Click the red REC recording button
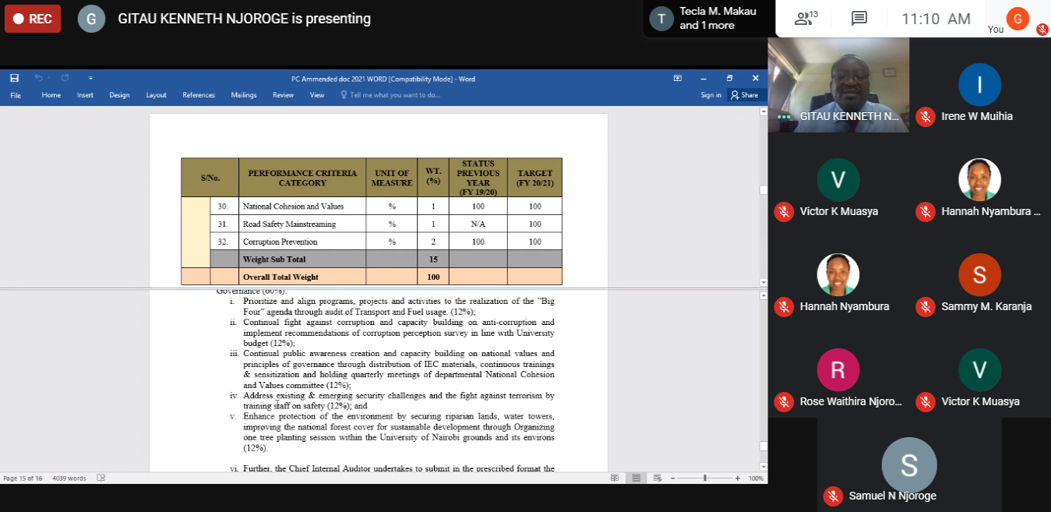pyautogui.click(x=33, y=19)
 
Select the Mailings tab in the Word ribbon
pyautogui.click(x=244, y=95)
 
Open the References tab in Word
pyautogui.click(x=199, y=95)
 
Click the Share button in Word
pyautogui.click(x=744, y=95)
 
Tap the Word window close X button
pyautogui.click(x=755, y=78)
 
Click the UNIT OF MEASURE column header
pyautogui.click(x=392, y=178)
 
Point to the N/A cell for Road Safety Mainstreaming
pyautogui.click(x=478, y=224)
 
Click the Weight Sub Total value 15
pyautogui.click(x=433, y=259)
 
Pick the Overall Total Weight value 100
pyautogui.click(x=433, y=277)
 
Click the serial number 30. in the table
pyautogui.click(x=224, y=207)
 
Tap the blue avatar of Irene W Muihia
pyautogui.click(x=979, y=84)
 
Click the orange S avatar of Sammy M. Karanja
pyautogui.click(x=979, y=274)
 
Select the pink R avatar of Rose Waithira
pyautogui.click(x=838, y=369)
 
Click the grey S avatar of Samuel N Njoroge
pyautogui.click(x=908, y=465)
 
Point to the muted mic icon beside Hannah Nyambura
pyautogui.click(x=784, y=306)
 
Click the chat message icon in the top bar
pyautogui.click(x=859, y=19)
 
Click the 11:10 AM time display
pyautogui.click(x=936, y=19)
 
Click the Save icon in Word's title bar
pyautogui.click(x=15, y=78)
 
